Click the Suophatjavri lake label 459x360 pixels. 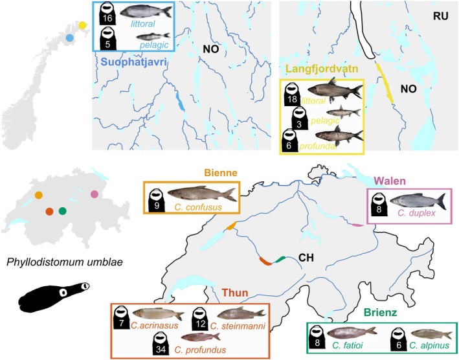131,62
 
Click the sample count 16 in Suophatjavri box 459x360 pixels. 107,17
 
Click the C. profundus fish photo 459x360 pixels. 201,337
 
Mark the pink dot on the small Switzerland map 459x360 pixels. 95,194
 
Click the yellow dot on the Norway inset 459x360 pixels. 82,25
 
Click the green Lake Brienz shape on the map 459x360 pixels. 279,259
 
